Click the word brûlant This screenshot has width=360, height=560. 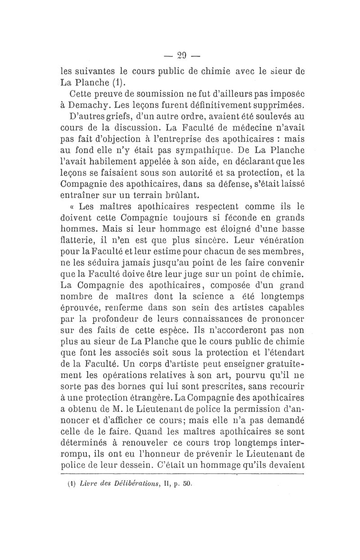180,196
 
